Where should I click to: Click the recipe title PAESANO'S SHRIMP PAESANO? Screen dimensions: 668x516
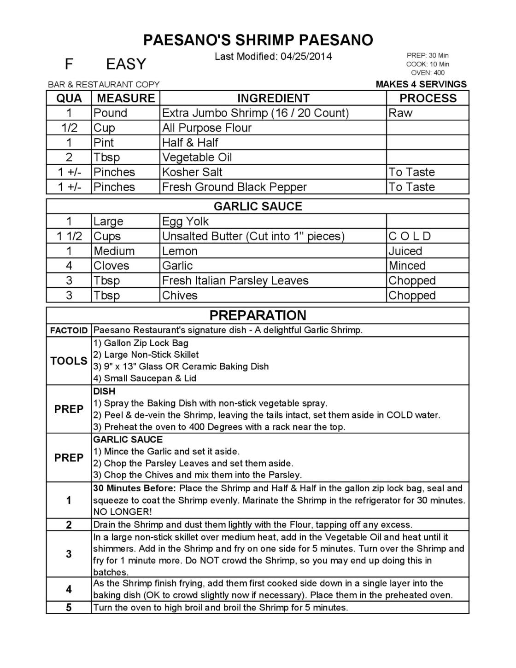point(258,40)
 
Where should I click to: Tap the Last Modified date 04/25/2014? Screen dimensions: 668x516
point(306,57)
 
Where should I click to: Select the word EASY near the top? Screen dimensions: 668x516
point(126,64)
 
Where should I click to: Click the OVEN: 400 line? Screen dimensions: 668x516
point(428,72)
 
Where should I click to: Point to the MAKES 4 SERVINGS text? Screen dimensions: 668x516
point(421,84)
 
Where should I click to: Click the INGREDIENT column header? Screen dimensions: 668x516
point(273,98)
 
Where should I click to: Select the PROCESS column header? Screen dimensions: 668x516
point(428,98)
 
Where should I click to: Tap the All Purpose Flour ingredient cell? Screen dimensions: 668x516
point(207,128)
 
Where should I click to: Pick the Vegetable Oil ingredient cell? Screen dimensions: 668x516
point(197,157)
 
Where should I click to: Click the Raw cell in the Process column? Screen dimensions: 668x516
point(401,113)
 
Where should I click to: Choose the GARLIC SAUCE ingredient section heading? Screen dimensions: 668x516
point(258,206)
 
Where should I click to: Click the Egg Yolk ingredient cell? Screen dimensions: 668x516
point(185,221)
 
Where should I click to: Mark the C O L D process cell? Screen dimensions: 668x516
point(410,236)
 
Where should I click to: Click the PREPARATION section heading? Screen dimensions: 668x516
point(258,315)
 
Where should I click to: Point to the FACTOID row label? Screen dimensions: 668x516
point(69,331)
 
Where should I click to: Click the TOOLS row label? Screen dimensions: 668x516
point(69,361)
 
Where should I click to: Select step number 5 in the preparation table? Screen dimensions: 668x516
point(69,608)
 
